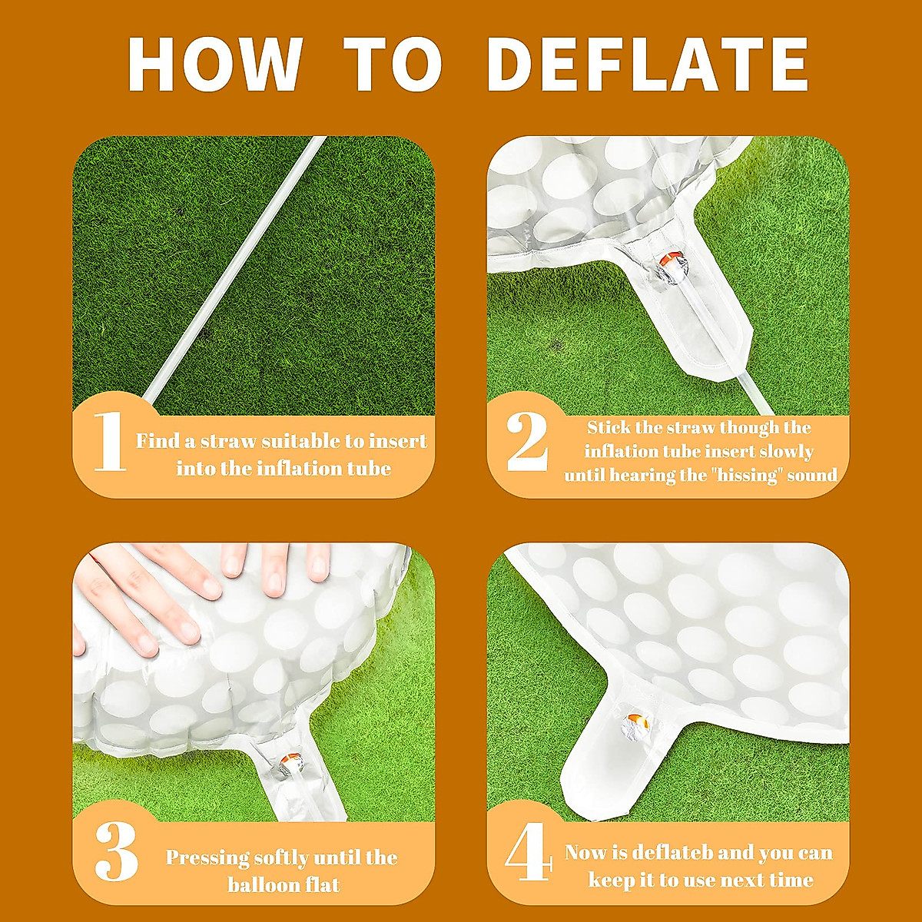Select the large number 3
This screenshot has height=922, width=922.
click(116, 854)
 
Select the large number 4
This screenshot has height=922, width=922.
click(529, 854)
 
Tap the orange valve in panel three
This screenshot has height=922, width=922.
click(290, 761)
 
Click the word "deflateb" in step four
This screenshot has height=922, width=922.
click(673, 853)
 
